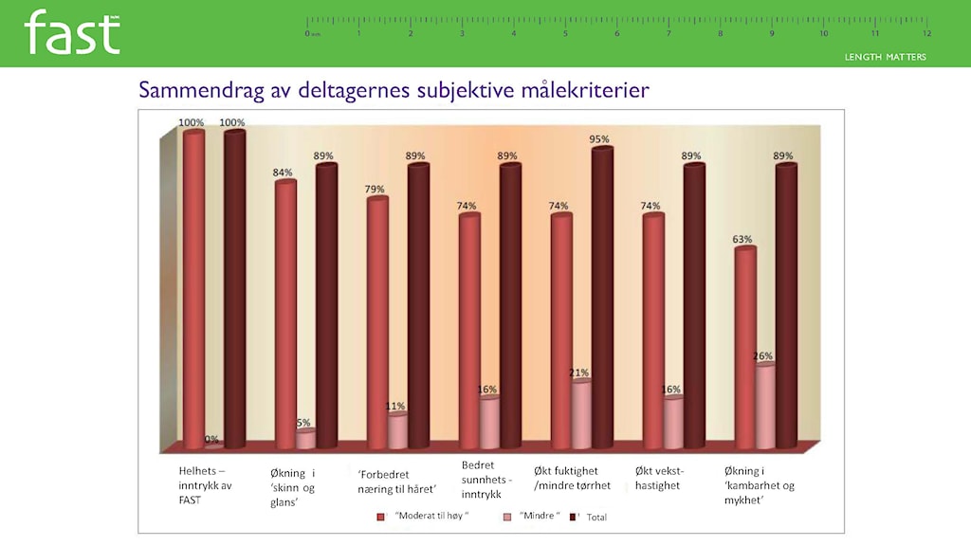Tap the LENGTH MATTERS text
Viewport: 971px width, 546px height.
click(x=886, y=57)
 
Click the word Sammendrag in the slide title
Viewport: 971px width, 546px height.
click(x=196, y=91)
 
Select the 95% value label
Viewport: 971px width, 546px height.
click(x=598, y=139)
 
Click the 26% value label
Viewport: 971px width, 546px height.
click(x=763, y=356)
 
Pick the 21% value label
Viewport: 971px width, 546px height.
click(x=579, y=373)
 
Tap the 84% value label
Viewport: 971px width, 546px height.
click(x=284, y=173)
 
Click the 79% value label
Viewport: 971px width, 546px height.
click(x=376, y=190)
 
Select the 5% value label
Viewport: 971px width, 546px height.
click(x=303, y=423)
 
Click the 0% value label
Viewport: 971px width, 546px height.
click(x=211, y=440)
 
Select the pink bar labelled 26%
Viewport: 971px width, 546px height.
click(x=764, y=408)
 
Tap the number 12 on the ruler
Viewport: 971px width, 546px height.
click(x=926, y=33)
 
